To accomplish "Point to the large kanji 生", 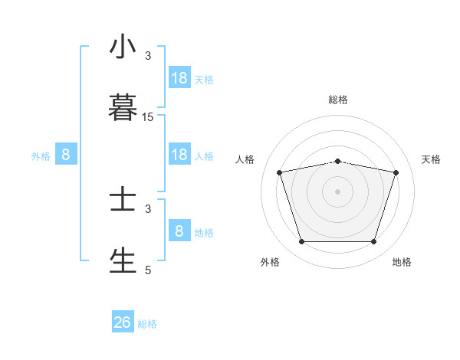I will pyautogui.click(x=123, y=260).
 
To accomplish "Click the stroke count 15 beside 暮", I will pyautogui.click(x=148, y=117).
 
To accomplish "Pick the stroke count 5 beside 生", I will pyautogui.click(x=148, y=270).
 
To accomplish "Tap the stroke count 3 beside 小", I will pyautogui.click(x=148, y=56).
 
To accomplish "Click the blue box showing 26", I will pyautogui.click(x=123, y=322).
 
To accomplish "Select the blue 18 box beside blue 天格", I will pyautogui.click(x=179, y=78).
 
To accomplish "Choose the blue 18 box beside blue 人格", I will pyautogui.click(x=179, y=155).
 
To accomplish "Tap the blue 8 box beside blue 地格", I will pyautogui.click(x=179, y=231).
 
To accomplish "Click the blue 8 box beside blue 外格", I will pyautogui.click(x=66, y=155).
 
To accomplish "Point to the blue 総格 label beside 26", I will pyautogui.click(x=147, y=324).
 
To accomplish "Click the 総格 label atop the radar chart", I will pyautogui.click(x=338, y=100).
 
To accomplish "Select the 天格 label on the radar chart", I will pyautogui.click(x=432, y=159).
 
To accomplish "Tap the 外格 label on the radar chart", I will pyautogui.click(x=270, y=262).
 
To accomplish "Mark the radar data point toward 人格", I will pyautogui.click(x=280, y=172).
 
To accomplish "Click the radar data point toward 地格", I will pyautogui.click(x=373, y=242).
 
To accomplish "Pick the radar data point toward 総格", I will pyautogui.click(x=338, y=161).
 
